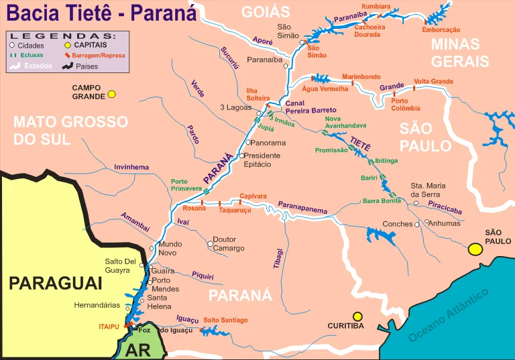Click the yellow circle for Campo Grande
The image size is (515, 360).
point(112,94)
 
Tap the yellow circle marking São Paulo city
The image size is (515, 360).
point(476,249)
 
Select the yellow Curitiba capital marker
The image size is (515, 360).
point(357,316)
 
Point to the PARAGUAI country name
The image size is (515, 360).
point(55,283)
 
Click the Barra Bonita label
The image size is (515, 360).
point(382,200)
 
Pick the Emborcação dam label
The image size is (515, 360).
point(441,29)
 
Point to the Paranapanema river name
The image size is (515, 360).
point(303,207)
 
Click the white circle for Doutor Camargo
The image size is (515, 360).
point(209,239)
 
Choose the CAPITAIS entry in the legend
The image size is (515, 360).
point(91,46)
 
